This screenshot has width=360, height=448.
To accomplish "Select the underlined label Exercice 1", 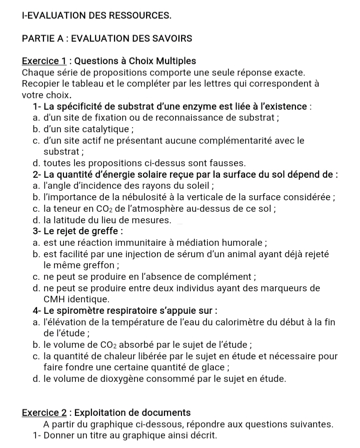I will tap(44, 62).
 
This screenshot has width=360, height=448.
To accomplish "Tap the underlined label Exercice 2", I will tap(44, 413).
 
